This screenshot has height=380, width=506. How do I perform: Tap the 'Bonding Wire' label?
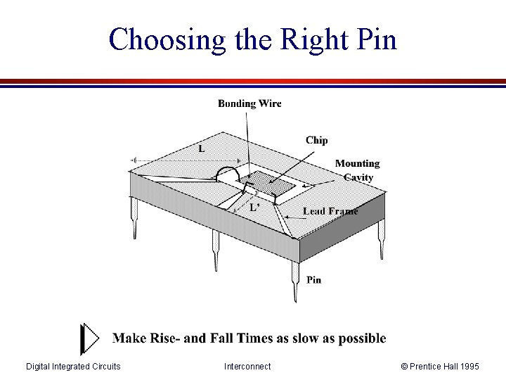pyautogui.click(x=249, y=103)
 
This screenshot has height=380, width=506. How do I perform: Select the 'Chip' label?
pyautogui.click(x=316, y=140)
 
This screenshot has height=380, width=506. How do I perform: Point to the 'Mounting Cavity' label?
pyautogui.click(x=357, y=170)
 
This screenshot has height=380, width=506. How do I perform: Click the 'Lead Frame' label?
pyautogui.click(x=330, y=210)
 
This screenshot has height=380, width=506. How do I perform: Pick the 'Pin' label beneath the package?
pyautogui.click(x=314, y=279)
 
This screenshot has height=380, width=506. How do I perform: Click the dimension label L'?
pyautogui.click(x=255, y=208)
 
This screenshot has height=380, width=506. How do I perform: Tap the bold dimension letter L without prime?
pyautogui.click(x=202, y=149)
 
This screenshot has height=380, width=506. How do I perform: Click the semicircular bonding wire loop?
pyautogui.click(x=228, y=172)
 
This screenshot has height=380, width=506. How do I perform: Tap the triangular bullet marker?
pyautogui.click(x=90, y=339)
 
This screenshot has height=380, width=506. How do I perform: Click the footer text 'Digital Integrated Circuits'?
pyautogui.click(x=73, y=366)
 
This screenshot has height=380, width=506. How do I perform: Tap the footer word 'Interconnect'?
pyautogui.click(x=247, y=366)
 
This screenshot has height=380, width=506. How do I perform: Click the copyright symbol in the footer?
pyautogui.click(x=404, y=366)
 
